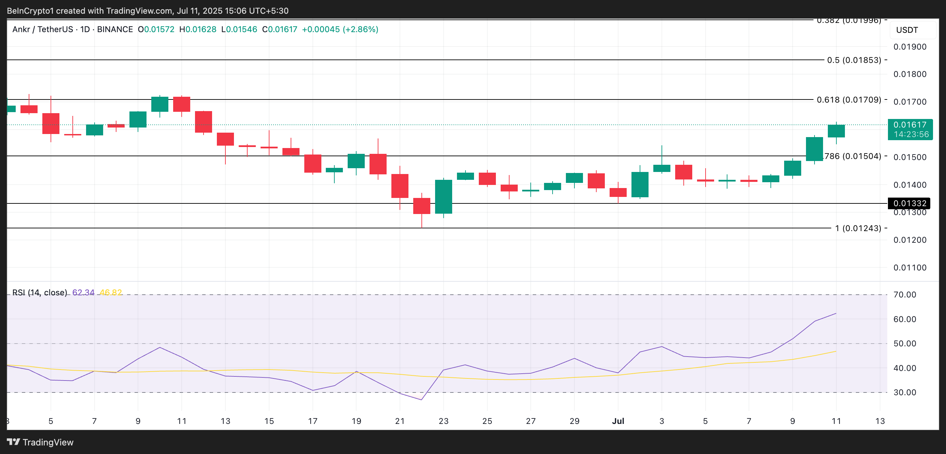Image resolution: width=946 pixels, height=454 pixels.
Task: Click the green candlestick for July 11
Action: (x=836, y=131)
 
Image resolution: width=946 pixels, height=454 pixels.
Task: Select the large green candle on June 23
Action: (x=443, y=196)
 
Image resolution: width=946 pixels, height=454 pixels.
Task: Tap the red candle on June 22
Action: (x=421, y=206)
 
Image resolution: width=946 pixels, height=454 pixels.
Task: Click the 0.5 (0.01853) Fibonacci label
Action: (x=854, y=60)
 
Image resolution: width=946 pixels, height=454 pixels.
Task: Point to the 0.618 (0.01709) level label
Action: (x=849, y=99)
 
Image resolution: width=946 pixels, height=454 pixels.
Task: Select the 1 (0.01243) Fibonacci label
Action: (x=858, y=228)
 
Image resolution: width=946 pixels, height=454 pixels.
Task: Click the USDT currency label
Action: (x=907, y=30)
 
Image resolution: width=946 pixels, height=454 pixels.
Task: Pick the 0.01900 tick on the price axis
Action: (x=910, y=47)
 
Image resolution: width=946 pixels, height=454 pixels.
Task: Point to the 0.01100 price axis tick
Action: (x=910, y=268)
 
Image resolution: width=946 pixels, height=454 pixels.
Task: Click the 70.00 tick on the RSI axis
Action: (x=904, y=294)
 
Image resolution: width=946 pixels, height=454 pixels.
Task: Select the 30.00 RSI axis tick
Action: (x=904, y=392)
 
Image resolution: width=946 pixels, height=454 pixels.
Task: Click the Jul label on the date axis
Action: (x=618, y=421)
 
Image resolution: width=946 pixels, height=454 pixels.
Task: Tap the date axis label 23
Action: (x=443, y=421)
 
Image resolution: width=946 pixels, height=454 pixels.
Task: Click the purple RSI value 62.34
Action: (x=83, y=293)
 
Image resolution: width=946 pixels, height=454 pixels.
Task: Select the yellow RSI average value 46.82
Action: (x=111, y=293)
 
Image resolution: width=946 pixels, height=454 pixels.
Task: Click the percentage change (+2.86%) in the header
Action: (x=360, y=29)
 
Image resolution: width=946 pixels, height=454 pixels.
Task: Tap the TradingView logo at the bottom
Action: (x=40, y=442)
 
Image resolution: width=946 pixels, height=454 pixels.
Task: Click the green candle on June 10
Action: (x=160, y=104)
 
